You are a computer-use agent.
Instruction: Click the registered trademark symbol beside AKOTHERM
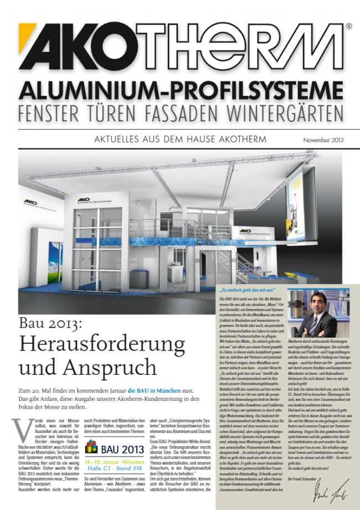(x=348, y=26)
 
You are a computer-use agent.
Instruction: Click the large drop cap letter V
(x=20, y=429)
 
